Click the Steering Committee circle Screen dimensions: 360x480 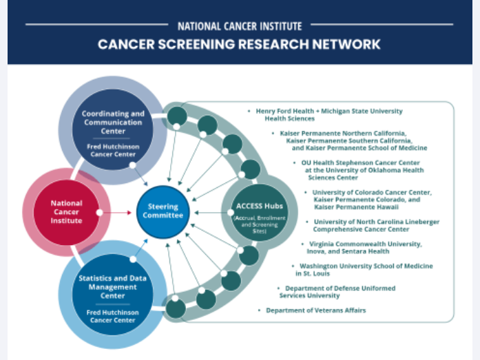tap(163, 212)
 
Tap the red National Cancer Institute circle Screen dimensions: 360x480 tap(66, 212)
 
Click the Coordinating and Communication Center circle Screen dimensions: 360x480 tap(113, 131)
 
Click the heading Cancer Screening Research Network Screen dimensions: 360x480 tap(239, 44)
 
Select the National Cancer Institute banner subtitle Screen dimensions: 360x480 tap(239, 26)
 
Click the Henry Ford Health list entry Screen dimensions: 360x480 tap(329, 114)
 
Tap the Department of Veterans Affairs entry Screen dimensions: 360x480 tap(316, 310)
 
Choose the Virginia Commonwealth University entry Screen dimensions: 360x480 tap(361, 247)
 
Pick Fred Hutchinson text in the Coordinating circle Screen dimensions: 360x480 tap(113, 149)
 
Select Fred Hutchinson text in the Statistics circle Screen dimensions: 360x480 tap(113, 316)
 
